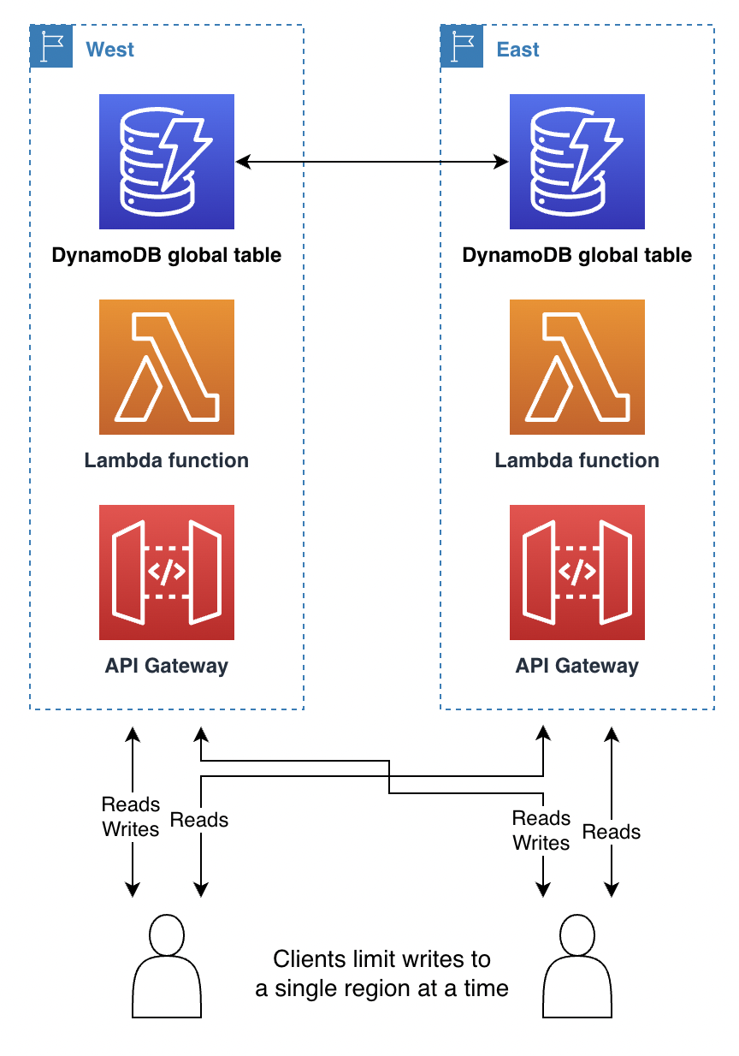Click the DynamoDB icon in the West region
point(167,162)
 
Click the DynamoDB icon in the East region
point(577,162)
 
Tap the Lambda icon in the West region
point(167,367)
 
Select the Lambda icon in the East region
point(577,367)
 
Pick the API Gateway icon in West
point(167,572)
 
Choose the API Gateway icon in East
point(577,572)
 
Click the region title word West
point(110,50)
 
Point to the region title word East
point(518,50)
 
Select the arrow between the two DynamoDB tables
point(372,160)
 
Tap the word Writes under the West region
point(131,829)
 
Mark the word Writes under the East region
point(541,843)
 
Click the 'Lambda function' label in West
point(167,460)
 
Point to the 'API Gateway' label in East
point(577,666)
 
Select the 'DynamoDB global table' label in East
point(577,255)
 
